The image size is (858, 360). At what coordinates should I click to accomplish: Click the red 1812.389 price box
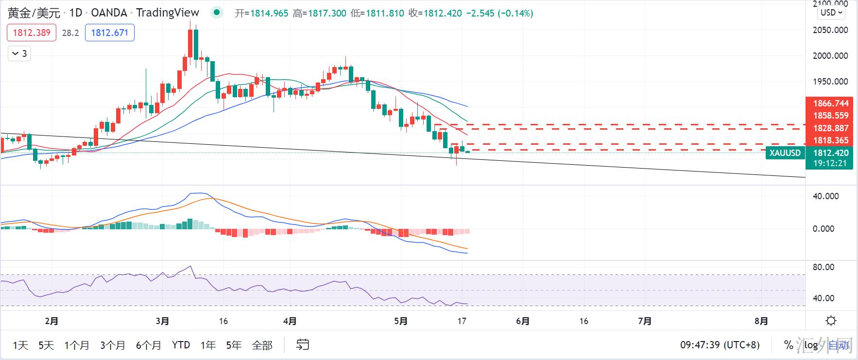32,33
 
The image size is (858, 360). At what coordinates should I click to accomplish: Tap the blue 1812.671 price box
109,33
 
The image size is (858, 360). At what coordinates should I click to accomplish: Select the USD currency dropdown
831,13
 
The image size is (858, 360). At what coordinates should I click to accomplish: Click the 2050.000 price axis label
830,30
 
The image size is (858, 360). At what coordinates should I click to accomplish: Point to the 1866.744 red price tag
831,103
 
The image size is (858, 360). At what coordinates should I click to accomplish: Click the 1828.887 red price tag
831,128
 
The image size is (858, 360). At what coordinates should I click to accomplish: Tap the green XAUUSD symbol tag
785,153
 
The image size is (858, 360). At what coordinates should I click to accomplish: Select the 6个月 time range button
149,345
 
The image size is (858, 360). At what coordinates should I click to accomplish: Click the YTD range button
181,345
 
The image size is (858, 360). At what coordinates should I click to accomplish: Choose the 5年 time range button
234,345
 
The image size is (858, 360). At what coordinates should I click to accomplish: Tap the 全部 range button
262,345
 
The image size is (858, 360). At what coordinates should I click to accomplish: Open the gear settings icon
831,321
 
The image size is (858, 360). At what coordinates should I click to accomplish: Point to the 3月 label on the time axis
163,321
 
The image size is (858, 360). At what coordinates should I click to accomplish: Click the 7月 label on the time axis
645,321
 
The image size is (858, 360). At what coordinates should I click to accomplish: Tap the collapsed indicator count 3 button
19,53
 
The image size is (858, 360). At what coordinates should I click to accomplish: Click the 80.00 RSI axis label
824,267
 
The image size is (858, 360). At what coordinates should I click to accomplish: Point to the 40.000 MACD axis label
826,196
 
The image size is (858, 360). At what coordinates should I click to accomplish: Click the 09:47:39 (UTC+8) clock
720,345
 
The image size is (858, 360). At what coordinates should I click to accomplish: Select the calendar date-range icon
303,345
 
